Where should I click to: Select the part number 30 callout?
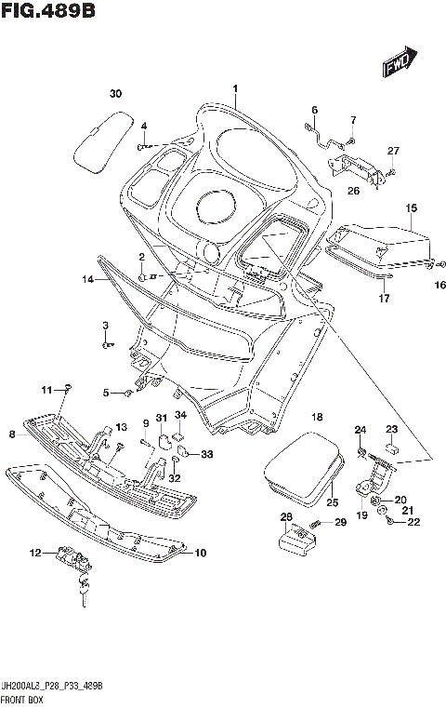coord(115,94)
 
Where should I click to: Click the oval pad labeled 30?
coord(102,140)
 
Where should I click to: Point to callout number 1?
coord(236,90)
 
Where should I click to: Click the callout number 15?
coord(411,208)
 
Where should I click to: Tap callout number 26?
coord(353,191)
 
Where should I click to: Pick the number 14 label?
coord(86,279)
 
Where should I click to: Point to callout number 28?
coord(286,516)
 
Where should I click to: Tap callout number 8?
coord(12,434)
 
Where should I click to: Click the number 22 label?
coord(413,522)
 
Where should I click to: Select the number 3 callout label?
coord(105,325)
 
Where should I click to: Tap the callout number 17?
coord(383,299)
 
